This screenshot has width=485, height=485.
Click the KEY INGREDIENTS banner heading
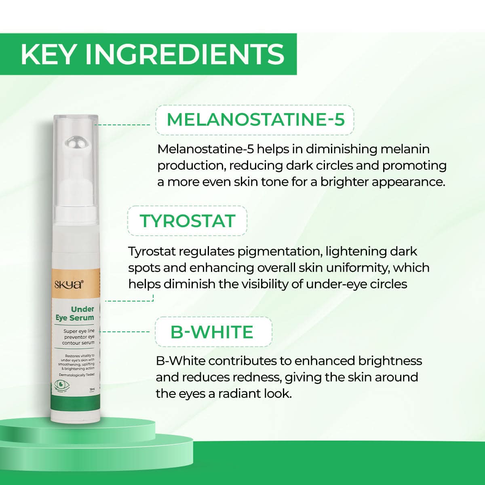(152, 54)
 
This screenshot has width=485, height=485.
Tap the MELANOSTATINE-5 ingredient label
(255, 120)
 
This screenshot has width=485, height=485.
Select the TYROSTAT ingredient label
(187, 221)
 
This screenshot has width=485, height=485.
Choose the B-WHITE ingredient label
(212, 332)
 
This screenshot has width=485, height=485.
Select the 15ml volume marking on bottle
(92, 389)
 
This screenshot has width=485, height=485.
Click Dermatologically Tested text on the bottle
(76, 375)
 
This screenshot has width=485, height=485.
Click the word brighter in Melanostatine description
(345, 182)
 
